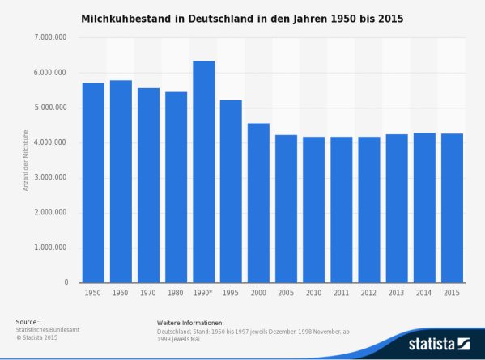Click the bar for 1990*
coord(203,172)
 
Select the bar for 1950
coord(93,182)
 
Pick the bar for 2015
coord(452,208)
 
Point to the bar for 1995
coord(231,191)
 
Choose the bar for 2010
coord(314,210)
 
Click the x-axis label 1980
coord(176,292)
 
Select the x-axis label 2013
coord(397,292)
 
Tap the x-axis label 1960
coord(121,292)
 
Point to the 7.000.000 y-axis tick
coord(51,38)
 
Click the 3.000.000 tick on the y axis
coord(51,178)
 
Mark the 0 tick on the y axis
coord(66,283)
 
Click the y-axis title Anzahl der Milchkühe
coord(26,159)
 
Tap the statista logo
coord(438,343)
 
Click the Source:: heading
coord(28,322)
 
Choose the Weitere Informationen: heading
coord(190,322)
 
